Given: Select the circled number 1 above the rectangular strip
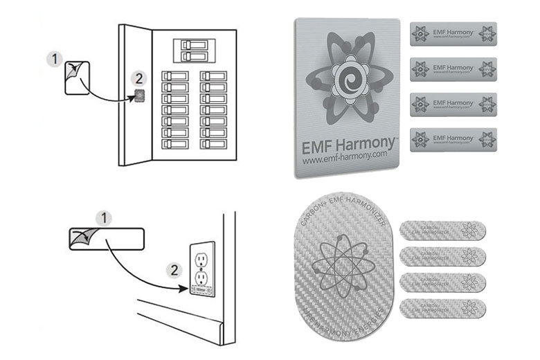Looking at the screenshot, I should [105, 218].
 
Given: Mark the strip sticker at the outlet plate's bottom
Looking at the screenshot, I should [201, 292].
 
